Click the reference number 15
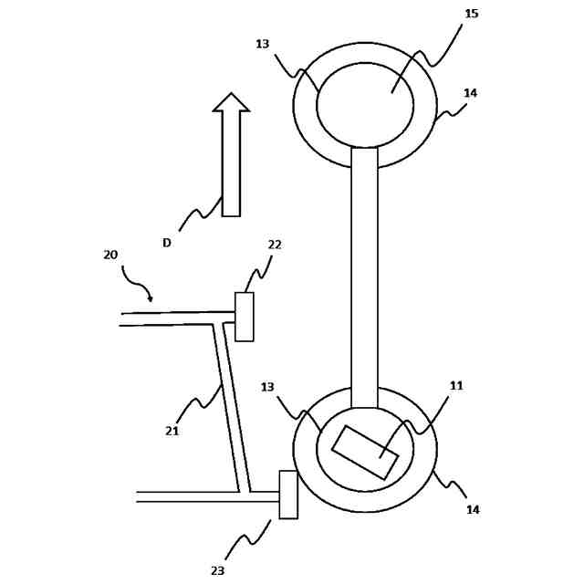471,14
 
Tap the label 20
110,255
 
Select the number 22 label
275,245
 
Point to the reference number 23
217,570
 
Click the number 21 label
172,431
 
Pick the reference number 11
456,386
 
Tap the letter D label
167,243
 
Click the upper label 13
262,44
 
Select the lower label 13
267,387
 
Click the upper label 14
470,93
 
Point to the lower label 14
473,510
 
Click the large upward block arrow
231,155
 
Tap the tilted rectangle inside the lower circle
365,452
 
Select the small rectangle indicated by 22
245,317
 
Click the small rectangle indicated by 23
288,495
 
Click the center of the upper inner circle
365,105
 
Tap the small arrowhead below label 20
151,298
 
